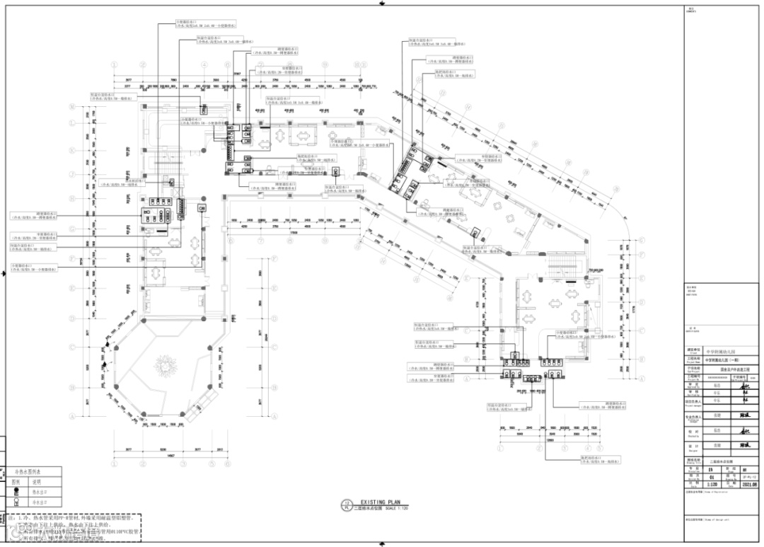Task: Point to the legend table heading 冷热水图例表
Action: click(x=28, y=471)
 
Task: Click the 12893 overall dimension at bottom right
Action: click(x=548, y=439)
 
